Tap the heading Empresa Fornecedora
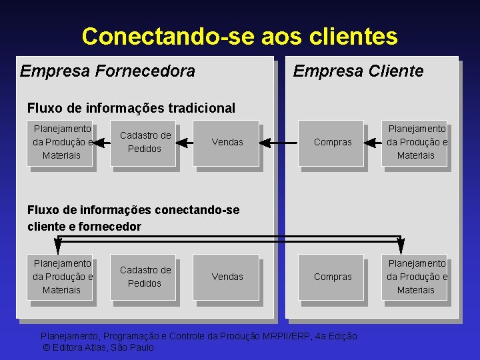coord(107,71)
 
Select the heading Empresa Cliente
coord(358,71)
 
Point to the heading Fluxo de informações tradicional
coord(131,107)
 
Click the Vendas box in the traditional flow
coord(227,142)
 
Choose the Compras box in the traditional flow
coord(332,142)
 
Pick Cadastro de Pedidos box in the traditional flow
coord(145,142)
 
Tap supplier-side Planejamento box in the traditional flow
coord(61,142)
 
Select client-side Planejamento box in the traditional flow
coord(416,142)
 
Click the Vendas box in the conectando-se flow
coord(227,277)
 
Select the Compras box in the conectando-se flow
coord(332,277)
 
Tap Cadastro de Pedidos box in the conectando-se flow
coord(145,277)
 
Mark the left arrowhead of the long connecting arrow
coord(59,245)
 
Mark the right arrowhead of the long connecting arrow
coord(401,245)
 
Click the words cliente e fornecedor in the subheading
coord(85,226)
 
